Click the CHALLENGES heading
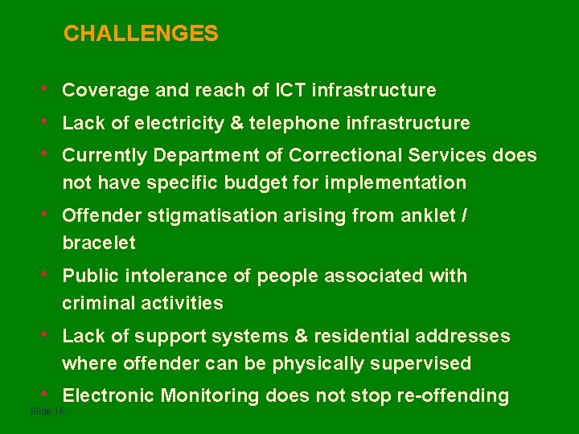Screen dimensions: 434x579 141,34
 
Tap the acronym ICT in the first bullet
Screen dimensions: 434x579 290,90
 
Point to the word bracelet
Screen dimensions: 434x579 99,243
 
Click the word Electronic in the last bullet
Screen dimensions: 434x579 109,395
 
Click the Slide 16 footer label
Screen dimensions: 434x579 47,411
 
